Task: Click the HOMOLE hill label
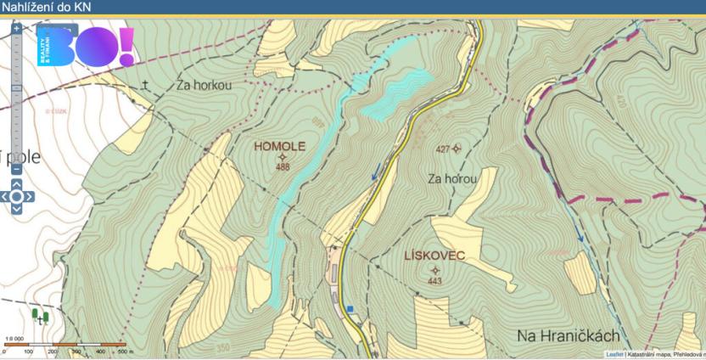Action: [279, 146]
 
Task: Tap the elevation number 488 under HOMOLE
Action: [283, 167]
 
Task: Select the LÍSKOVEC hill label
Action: [435, 256]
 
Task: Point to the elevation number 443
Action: [435, 281]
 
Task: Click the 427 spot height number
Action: [442, 149]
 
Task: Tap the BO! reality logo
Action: [85, 49]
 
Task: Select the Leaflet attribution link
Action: [614, 354]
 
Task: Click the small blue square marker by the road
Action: [349, 308]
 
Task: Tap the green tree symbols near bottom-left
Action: [38, 316]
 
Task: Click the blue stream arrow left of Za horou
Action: [374, 176]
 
